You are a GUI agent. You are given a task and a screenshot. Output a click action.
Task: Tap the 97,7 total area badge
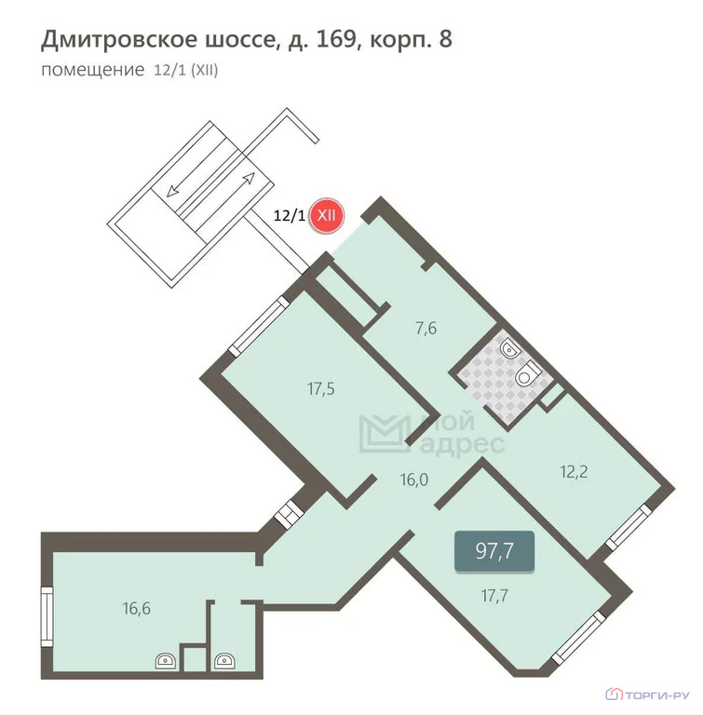coord(494,550)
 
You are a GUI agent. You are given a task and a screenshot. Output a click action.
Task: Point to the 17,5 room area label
coord(320,388)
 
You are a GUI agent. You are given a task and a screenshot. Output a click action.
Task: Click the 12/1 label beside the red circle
coord(289,215)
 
